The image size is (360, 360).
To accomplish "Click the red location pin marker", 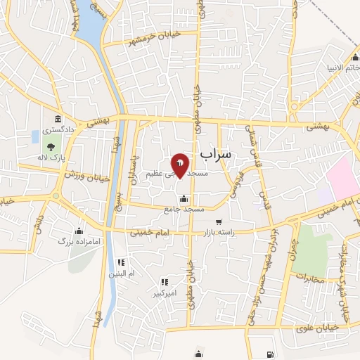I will (180, 165).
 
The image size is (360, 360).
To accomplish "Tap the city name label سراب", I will (216, 153).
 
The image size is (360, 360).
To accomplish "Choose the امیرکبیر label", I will (166, 292).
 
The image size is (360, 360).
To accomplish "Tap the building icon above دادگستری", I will (56, 119).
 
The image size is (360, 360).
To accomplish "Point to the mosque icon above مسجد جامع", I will (184, 199).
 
